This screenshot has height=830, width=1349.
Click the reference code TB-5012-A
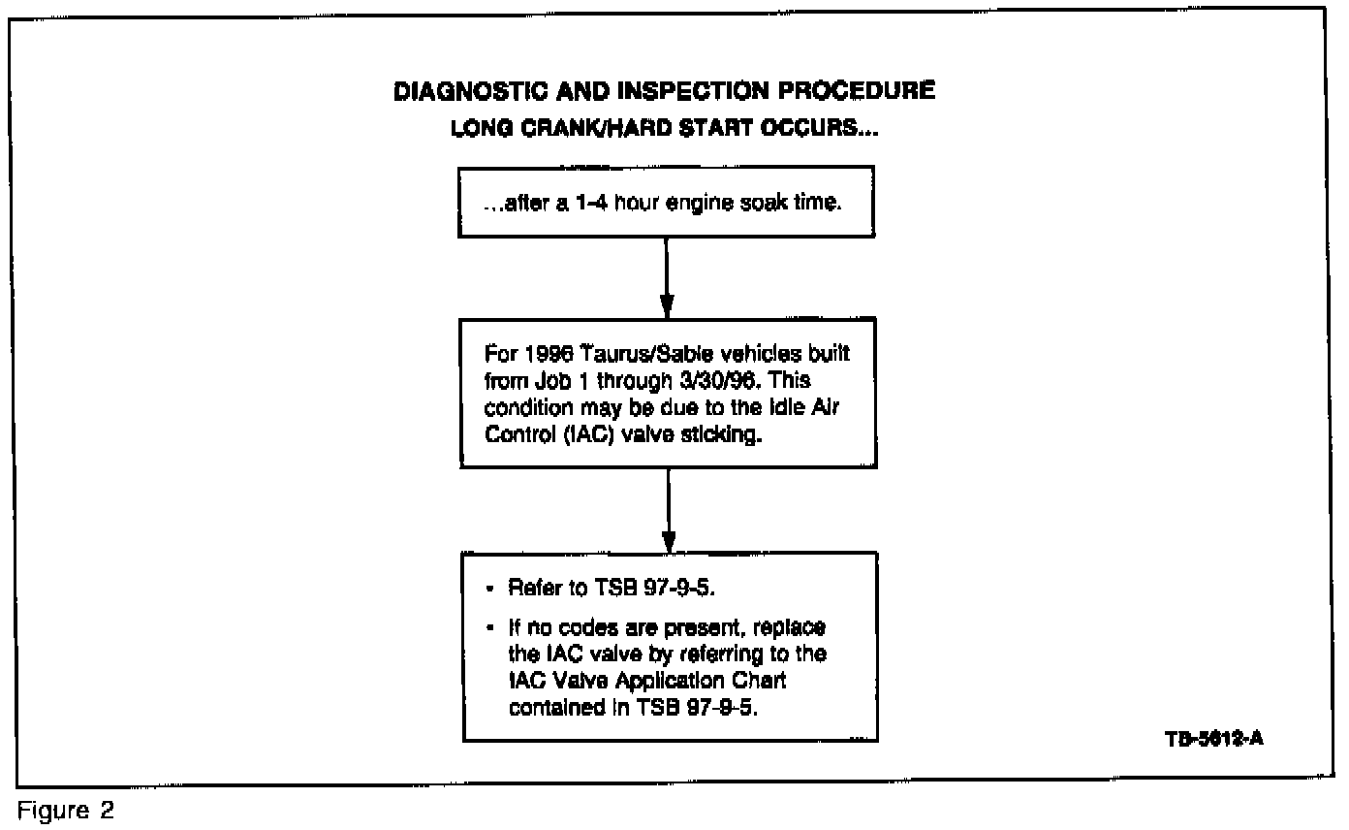(1212, 738)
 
